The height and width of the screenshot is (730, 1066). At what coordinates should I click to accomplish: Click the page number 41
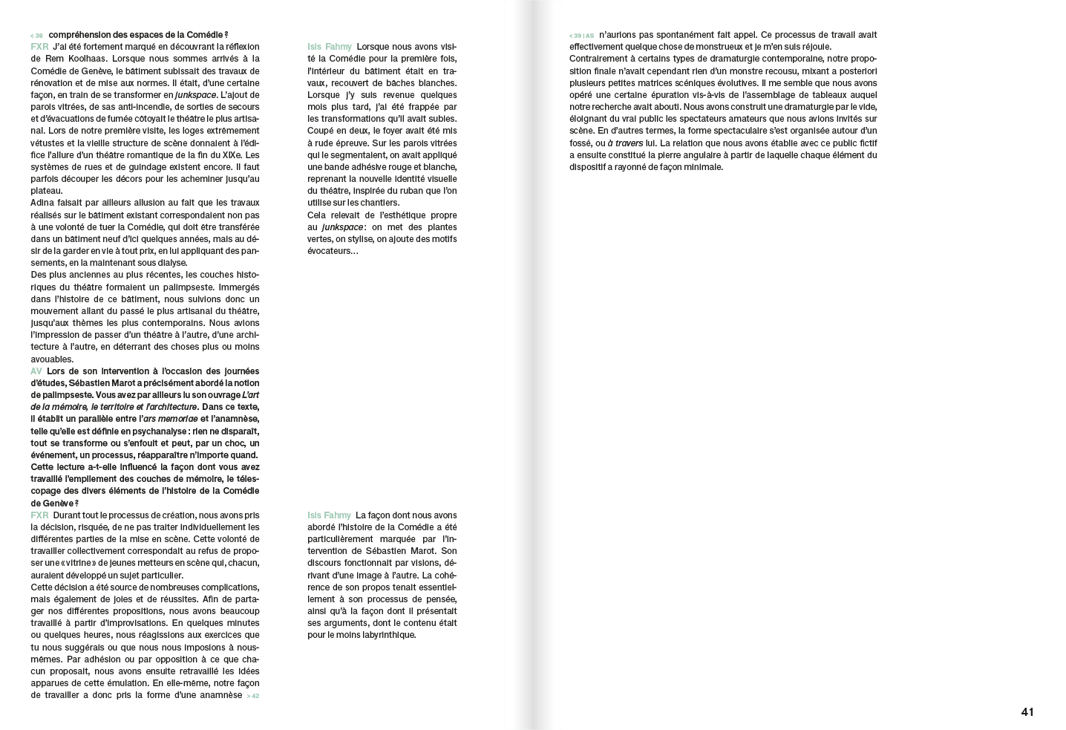1027,711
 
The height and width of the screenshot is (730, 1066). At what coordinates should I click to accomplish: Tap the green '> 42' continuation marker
253,696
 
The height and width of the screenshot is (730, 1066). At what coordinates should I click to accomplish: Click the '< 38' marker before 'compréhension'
36,36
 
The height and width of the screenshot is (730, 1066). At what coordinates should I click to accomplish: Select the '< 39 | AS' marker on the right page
581,36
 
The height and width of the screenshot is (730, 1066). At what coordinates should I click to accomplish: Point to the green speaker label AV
36,371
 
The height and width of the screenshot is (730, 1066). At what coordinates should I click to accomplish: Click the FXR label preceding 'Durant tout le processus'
39,515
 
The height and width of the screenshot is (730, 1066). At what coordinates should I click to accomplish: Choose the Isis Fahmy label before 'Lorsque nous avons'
330,47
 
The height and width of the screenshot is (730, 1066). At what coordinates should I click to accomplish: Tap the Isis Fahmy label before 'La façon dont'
330,515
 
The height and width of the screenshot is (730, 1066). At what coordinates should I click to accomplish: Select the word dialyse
171,263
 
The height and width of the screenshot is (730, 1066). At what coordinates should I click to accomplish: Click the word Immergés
239,287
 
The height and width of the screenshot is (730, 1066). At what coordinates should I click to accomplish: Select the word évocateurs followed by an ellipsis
333,251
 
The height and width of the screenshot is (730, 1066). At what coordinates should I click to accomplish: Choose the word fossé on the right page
581,143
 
